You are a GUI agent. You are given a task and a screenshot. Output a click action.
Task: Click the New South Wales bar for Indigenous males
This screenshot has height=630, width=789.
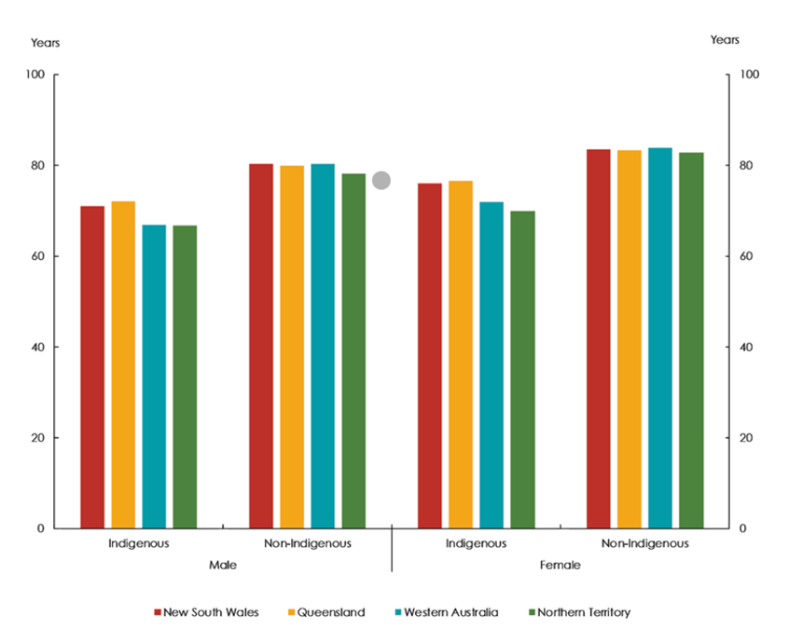[x=92, y=367]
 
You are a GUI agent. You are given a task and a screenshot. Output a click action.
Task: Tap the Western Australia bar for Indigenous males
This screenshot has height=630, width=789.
[x=154, y=377]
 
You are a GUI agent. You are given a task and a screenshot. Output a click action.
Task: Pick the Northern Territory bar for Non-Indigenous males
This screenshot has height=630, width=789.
[x=353, y=350]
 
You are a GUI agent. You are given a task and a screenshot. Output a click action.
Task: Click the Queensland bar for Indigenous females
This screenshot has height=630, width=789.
[x=460, y=354]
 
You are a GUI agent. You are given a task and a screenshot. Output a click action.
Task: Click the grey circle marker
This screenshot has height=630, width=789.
[x=381, y=181]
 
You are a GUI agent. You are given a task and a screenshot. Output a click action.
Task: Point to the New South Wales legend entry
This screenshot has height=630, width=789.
[x=206, y=612]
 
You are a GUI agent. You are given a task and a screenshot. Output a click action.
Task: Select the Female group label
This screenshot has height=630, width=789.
[x=560, y=565]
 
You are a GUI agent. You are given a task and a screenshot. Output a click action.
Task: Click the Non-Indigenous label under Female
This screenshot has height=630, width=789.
[x=644, y=543]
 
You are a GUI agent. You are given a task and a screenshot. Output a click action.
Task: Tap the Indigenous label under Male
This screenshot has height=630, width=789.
[x=139, y=543]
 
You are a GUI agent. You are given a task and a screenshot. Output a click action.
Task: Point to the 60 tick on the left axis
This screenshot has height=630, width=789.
[x=41, y=256]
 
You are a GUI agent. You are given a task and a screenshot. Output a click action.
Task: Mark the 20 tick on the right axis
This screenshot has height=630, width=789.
[x=745, y=438]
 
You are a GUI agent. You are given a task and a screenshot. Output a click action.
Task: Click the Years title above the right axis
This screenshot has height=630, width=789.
[x=725, y=40]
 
